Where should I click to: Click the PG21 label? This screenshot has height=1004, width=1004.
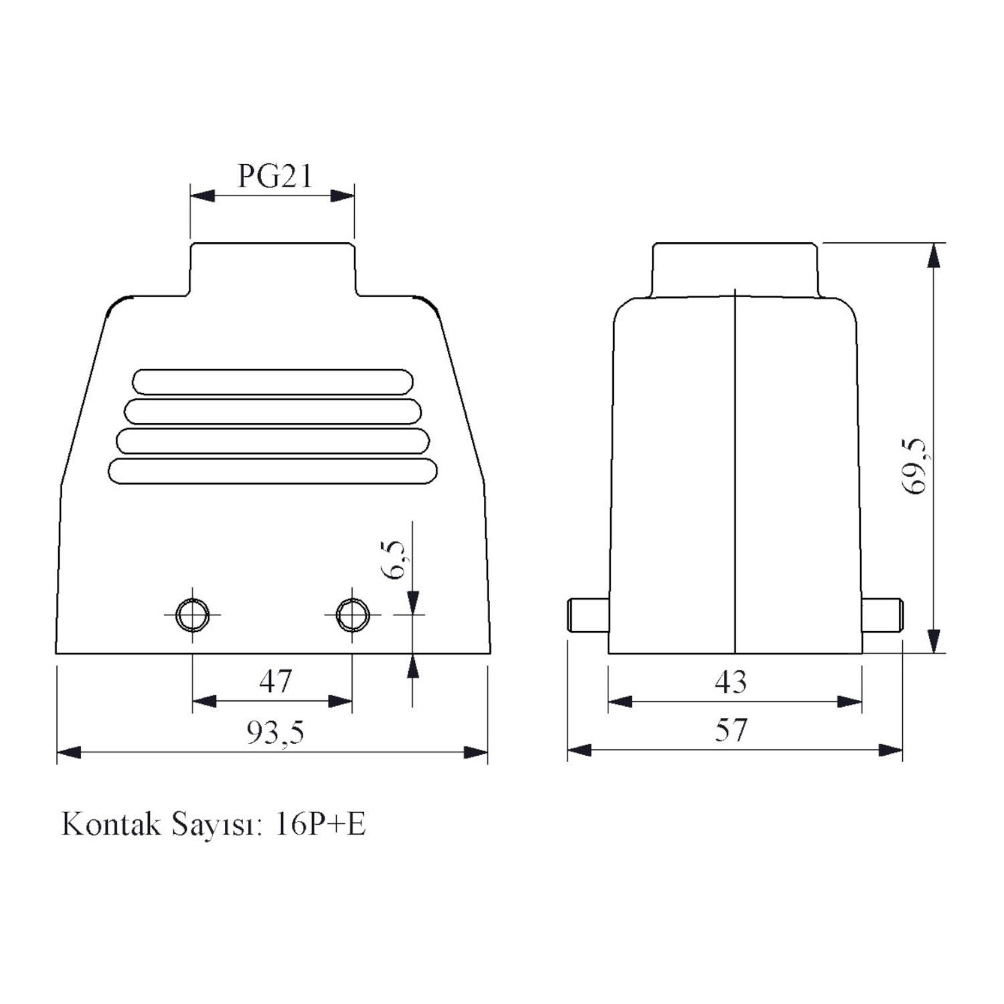click(275, 176)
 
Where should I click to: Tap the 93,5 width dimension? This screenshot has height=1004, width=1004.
click(275, 732)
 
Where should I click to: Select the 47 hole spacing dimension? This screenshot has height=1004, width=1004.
click(275, 681)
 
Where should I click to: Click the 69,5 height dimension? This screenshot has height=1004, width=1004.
click(914, 467)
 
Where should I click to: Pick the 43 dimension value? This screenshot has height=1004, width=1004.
click(730, 682)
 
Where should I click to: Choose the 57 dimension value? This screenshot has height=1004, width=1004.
click(730, 730)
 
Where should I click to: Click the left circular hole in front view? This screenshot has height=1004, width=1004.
click(192, 614)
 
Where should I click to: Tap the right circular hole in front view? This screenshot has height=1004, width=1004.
click(352, 614)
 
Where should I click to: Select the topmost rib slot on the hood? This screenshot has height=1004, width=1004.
click(273, 382)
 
